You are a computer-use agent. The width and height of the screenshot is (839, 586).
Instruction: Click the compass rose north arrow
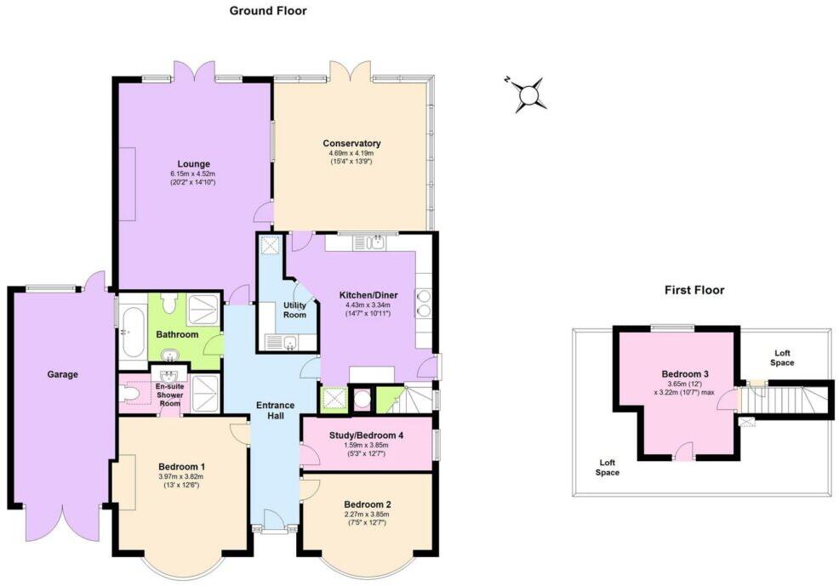(x=530, y=94)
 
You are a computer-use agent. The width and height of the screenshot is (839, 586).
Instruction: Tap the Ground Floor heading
(x=268, y=11)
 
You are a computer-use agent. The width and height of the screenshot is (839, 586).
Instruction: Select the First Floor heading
(x=693, y=290)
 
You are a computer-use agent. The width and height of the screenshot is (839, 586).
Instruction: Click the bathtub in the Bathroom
(x=131, y=332)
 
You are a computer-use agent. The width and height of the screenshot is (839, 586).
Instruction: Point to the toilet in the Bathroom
(x=168, y=302)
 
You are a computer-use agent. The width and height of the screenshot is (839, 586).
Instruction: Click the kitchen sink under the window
(x=375, y=243)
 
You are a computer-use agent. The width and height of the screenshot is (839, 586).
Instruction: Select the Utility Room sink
(x=288, y=343)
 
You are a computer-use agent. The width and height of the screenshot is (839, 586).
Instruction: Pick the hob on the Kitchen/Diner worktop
(x=423, y=303)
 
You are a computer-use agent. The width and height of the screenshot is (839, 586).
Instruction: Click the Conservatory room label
(x=351, y=143)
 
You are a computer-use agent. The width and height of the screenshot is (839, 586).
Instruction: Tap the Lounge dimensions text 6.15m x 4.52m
(x=193, y=174)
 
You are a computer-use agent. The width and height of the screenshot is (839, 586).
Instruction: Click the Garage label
(x=63, y=374)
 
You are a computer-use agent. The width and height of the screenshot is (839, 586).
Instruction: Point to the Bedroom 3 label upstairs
(x=684, y=374)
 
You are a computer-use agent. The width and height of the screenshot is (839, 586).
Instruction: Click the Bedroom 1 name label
(x=181, y=466)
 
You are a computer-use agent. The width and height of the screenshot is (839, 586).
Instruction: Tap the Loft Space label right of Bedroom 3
(x=782, y=357)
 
